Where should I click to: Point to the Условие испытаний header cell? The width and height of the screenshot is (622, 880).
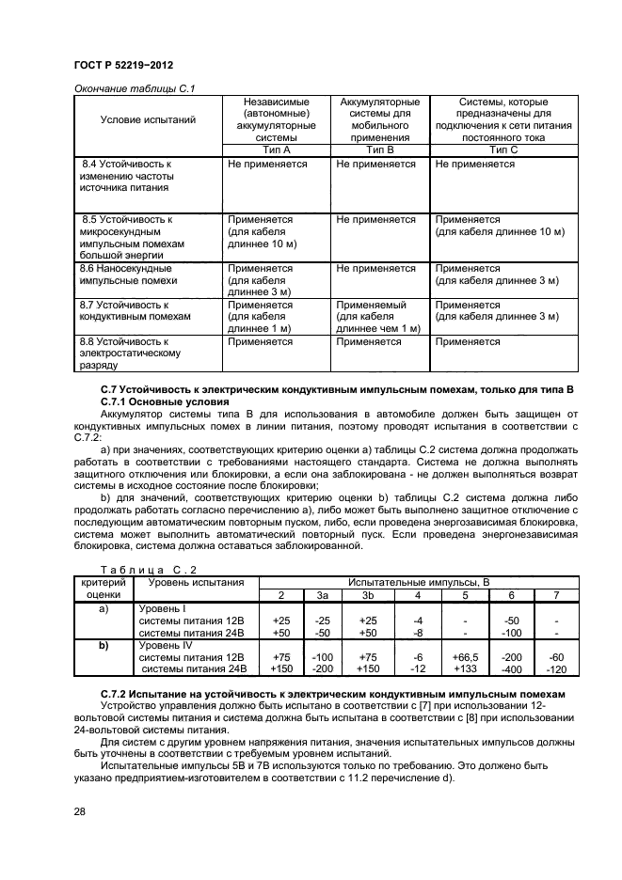[148, 120]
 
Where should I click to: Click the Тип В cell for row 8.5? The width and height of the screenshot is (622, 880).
[375, 219]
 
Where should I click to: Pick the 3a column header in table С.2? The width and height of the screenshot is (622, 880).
[322, 595]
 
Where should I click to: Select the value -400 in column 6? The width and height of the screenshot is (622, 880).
[512, 669]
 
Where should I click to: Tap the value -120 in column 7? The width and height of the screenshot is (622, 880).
[557, 669]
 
